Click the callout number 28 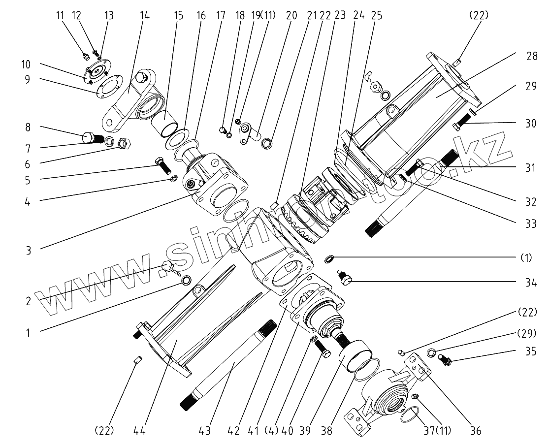(532, 56)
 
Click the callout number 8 (28, 127)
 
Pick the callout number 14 (145, 15)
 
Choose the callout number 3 (28, 250)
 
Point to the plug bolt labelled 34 (345, 279)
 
